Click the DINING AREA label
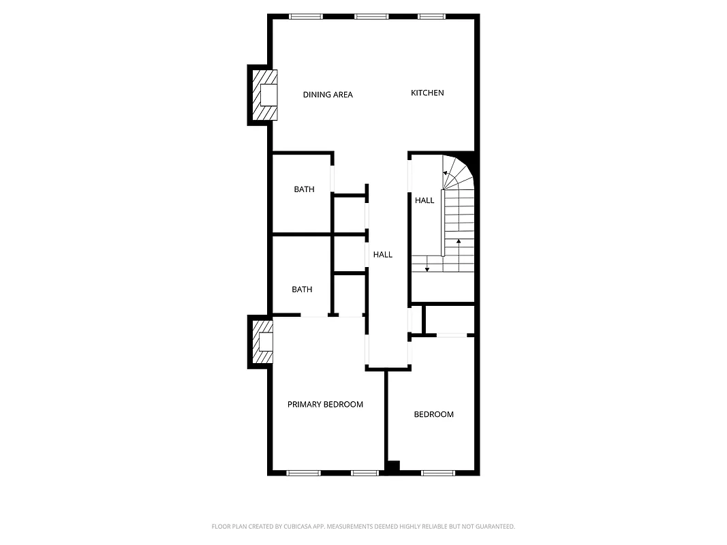point(328,95)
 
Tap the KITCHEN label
point(427,93)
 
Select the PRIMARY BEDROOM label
point(325,405)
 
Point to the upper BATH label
point(304,189)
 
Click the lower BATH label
point(302,290)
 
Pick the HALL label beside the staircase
point(424,200)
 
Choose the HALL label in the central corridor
point(383,255)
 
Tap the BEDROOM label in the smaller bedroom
point(433,414)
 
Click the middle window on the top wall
point(371,16)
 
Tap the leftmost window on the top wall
point(305,16)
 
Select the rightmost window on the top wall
point(431,16)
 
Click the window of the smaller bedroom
point(438,472)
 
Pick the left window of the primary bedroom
point(303,472)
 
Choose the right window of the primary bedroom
point(365,472)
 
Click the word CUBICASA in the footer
point(300,527)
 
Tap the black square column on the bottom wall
point(392,467)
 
